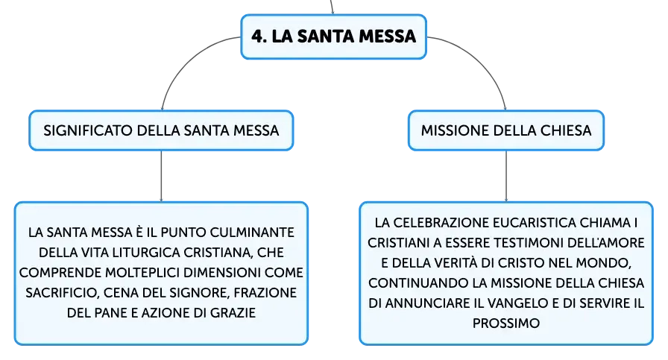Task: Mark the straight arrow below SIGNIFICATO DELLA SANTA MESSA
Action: click(162, 176)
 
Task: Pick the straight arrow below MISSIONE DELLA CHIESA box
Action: click(506, 176)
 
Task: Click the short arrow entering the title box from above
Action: click(332, 7)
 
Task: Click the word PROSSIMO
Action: click(506, 323)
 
